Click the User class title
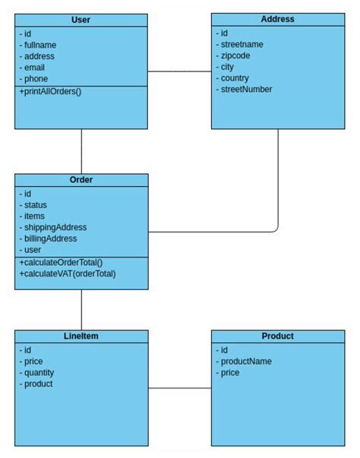click(81, 19)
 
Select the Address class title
click(277, 19)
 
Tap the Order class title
click(81, 180)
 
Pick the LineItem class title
click(81, 336)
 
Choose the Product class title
click(277, 336)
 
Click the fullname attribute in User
click(41, 45)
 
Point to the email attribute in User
click(35, 67)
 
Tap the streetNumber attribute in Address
click(246, 89)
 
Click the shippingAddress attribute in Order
click(55, 227)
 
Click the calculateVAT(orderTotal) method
click(68, 273)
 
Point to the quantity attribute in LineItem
click(39, 372)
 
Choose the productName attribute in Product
click(245, 362)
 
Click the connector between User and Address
click(179, 72)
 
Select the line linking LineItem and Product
click(179, 388)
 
